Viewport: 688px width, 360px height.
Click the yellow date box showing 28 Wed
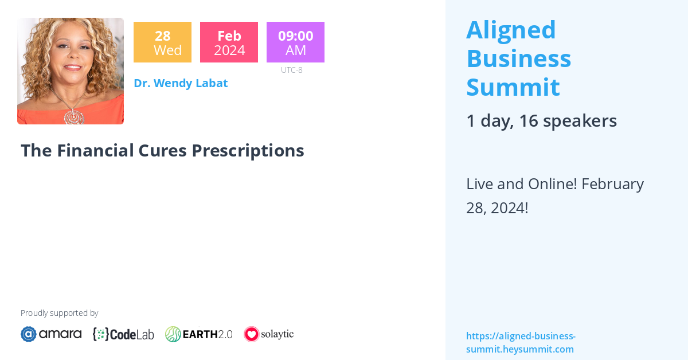click(162, 42)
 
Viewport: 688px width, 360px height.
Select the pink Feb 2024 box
click(229, 42)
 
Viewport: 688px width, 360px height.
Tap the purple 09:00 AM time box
click(295, 42)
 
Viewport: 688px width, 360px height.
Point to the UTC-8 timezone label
click(291, 70)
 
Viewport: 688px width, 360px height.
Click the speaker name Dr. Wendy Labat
click(181, 83)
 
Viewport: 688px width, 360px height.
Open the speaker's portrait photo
click(71, 71)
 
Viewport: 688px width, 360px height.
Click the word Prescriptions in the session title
click(248, 150)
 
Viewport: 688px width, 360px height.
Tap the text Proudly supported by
click(59, 313)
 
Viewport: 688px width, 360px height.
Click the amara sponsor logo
click(51, 334)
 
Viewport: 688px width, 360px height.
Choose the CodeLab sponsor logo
click(123, 334)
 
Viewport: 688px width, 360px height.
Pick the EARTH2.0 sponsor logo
click(199, 334)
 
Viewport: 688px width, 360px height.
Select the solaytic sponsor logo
click(268, 334)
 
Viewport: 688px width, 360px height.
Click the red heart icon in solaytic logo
click(251, 334)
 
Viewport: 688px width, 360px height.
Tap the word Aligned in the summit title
click(511, 30)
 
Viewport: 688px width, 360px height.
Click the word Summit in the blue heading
click(513, 87)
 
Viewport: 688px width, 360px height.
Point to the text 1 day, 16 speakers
click(541, 121)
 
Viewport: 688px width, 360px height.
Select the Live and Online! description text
click(554, 195)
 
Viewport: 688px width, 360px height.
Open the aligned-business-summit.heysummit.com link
click(520, 342)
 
